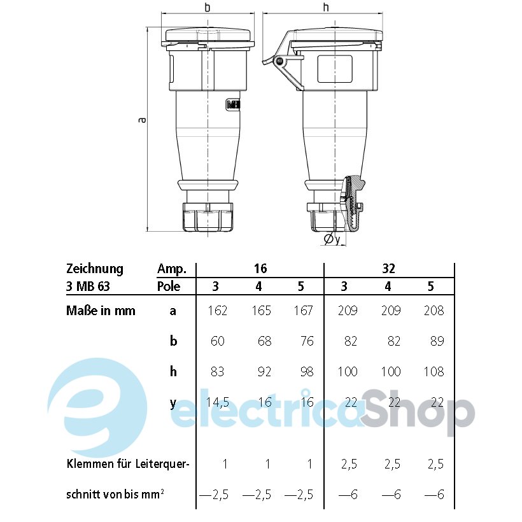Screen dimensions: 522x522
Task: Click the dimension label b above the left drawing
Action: coord(208,8)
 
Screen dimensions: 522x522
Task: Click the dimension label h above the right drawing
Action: coord(326,8)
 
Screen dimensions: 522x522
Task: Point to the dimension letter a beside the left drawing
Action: coord(142,120)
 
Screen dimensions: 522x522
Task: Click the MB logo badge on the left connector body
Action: coord(233,104)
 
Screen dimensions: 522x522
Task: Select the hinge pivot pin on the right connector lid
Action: coord(279,60)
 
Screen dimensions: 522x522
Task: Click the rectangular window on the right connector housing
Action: coord(335,69)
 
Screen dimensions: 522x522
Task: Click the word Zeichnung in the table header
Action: coord(95,269)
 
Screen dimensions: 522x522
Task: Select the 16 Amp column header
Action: coord(260,269)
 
